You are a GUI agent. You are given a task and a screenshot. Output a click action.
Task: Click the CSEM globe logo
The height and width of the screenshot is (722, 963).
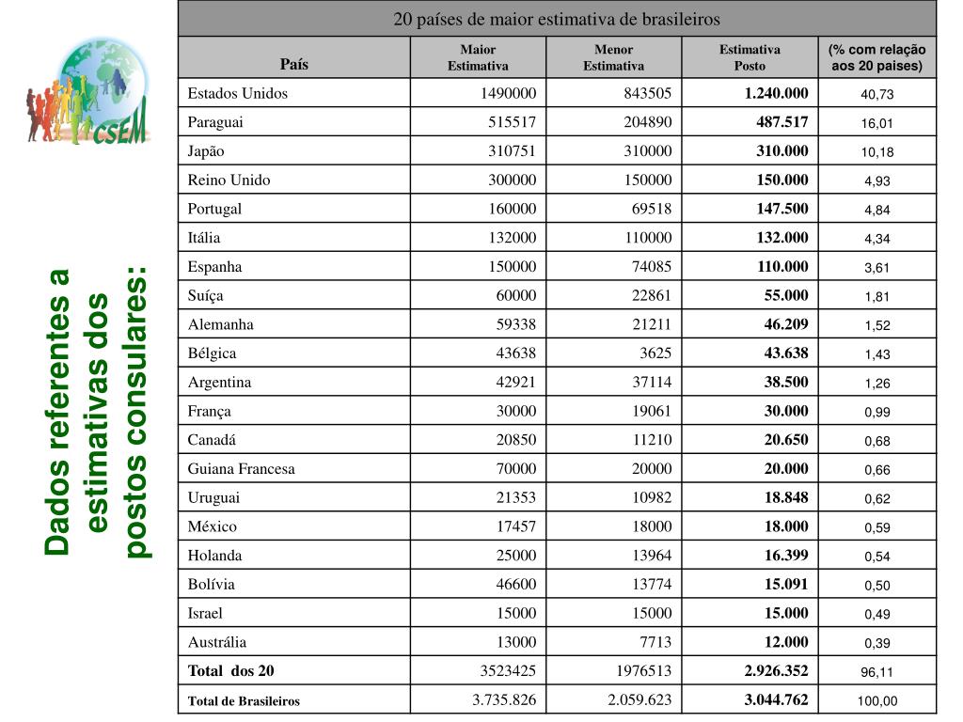tap(88, 91)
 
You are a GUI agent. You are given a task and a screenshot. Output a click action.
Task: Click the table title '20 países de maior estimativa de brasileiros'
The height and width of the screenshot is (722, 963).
tap(557, 19)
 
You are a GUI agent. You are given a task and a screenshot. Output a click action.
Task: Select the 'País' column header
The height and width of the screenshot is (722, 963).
tap(293, 65)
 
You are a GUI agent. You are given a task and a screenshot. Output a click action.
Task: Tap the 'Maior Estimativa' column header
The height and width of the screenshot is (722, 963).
tap(478, 57)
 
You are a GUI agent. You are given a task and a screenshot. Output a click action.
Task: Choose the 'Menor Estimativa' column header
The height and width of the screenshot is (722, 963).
tap(613, 57)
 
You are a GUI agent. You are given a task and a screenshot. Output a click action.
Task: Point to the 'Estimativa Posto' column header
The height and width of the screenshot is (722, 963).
tap(750, 57)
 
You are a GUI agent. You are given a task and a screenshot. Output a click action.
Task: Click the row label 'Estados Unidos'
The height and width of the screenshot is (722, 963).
tap(237, 93)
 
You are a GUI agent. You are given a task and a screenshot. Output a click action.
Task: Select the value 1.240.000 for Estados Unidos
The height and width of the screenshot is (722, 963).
tap(776, 93)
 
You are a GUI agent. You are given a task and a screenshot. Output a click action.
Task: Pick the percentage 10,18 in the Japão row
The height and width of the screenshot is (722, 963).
tap(876, 152)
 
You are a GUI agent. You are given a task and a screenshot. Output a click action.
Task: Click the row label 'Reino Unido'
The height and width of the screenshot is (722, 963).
tap(229, 180)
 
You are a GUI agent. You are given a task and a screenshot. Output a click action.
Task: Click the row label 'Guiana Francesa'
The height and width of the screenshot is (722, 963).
tap(241, 468)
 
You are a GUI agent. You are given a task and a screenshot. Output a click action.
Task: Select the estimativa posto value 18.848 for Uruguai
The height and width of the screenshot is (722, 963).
tap(785, 497)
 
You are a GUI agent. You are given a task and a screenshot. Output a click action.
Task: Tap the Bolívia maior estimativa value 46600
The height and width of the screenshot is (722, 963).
tap(516, 584)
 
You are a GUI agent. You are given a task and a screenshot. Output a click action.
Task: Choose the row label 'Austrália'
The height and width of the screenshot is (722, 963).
tap(216, 642)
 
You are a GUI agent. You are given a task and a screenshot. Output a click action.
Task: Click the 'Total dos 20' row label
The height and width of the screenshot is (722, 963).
tap(230, 671)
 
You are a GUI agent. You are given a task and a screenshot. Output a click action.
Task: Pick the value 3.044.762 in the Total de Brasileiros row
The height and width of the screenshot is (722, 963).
tap(776, 699)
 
